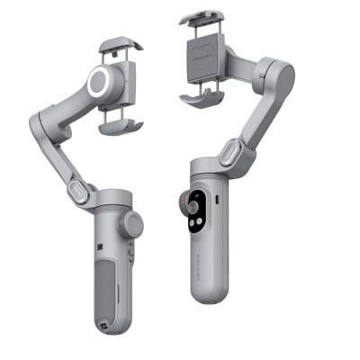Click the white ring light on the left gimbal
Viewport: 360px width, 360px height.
100,83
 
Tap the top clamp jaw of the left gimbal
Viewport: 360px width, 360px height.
119,45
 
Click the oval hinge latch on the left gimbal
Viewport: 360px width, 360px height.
79,192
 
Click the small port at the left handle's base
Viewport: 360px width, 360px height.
106,327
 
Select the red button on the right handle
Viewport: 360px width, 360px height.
192,194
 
